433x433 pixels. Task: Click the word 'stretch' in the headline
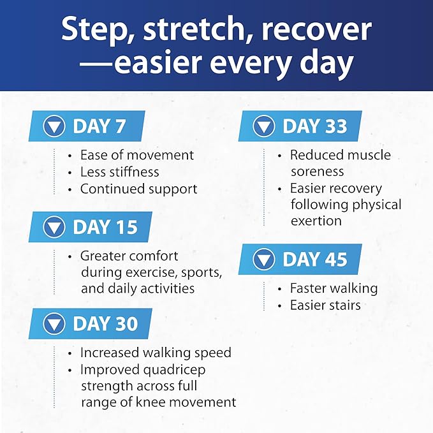194,29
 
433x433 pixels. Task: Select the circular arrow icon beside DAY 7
54,126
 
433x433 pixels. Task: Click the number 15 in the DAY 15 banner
126,227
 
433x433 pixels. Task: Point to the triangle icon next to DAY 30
54,325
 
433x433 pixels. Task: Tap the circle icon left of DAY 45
264,260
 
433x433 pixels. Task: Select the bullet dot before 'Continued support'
70,190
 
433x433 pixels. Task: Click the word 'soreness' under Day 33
318,172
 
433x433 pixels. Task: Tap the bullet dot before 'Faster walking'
280,290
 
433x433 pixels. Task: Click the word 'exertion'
316,221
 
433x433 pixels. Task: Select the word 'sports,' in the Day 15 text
202,273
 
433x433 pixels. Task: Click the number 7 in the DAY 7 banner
121,126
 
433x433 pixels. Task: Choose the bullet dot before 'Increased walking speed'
70,354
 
